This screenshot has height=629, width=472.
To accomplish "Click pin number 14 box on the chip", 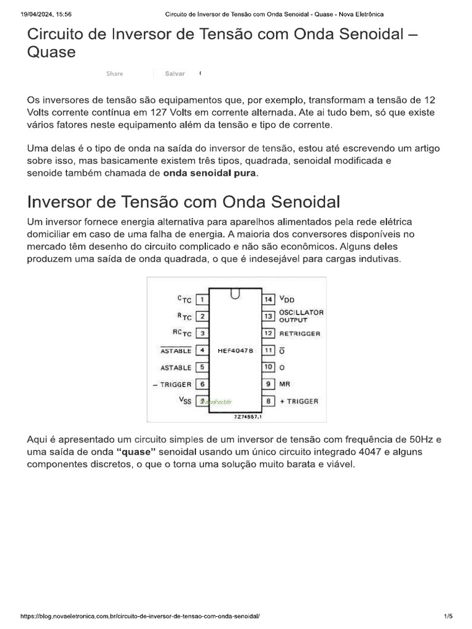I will [269, 299].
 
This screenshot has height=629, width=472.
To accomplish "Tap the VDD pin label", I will [287, 299].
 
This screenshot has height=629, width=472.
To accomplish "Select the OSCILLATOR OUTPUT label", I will [301, 316].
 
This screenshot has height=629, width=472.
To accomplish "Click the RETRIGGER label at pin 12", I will [300, 334].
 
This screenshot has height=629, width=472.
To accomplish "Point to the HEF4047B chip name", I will [235, 350].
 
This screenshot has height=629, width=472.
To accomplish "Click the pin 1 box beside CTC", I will [202, 300].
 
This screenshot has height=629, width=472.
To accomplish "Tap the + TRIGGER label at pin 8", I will [299, 401].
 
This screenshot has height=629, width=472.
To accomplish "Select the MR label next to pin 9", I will [285, 384].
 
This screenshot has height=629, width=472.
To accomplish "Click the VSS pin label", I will [185, 400].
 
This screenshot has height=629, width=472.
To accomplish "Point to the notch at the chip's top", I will [235, 294].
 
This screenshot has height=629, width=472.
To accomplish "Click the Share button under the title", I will [114, 74].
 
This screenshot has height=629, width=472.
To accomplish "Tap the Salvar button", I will [175, 74].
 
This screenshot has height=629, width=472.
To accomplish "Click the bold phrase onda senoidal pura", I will [211, 173].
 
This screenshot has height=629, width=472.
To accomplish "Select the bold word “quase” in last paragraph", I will [135, 451].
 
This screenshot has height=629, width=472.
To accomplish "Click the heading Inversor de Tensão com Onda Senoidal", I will [183, 202].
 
